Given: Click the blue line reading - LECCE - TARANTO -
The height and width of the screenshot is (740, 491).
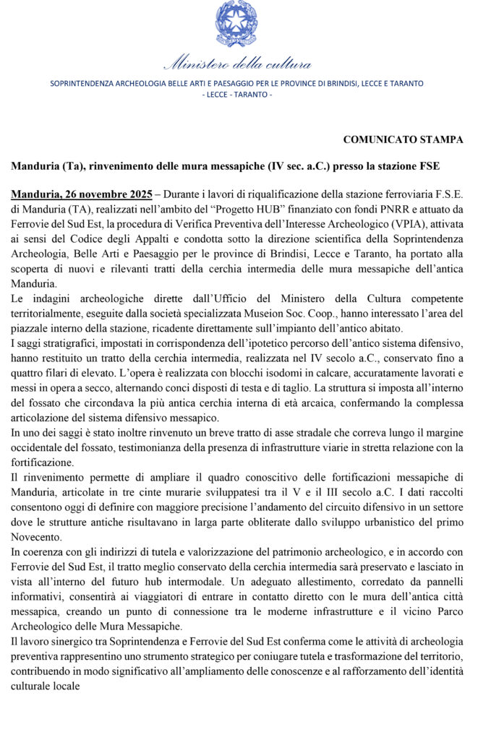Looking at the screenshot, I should pos(236,95).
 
